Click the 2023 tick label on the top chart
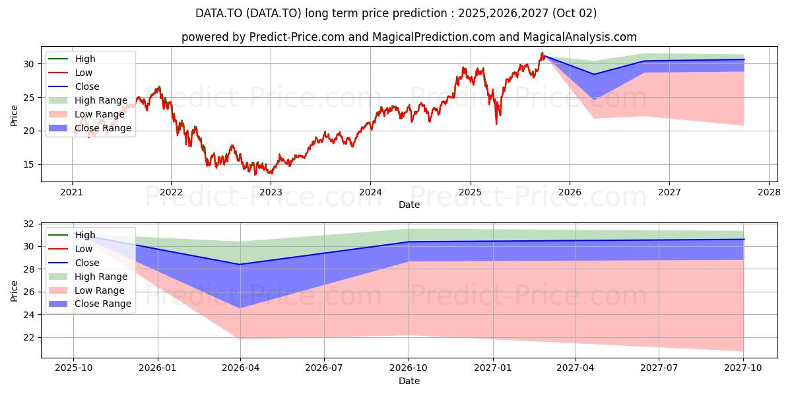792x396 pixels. (271, 192)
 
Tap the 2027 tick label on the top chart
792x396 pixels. (669, 192)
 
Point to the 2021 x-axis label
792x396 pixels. (72, 192)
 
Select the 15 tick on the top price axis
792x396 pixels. (29, 165)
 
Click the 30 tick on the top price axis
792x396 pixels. (29, 64)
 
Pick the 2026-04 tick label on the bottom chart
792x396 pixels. (240, 368)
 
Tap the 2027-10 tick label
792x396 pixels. (743, 368)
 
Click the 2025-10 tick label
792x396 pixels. (73, 368)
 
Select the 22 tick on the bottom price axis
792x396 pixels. (29, 338)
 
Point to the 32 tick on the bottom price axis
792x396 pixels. (29, 224)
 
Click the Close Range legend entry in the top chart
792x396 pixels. (90, 128)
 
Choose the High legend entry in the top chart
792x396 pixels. (72, 59)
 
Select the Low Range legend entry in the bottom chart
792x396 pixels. (86, 290)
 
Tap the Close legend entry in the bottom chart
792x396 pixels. (74, 263)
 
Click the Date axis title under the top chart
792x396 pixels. (409, 205)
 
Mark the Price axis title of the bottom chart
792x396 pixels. (14, 291)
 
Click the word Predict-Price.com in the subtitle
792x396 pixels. (296, 37)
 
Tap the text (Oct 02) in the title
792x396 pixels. (574, 13)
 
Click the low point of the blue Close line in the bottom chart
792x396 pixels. (240, 264)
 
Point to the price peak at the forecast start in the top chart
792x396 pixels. (542, 53)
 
